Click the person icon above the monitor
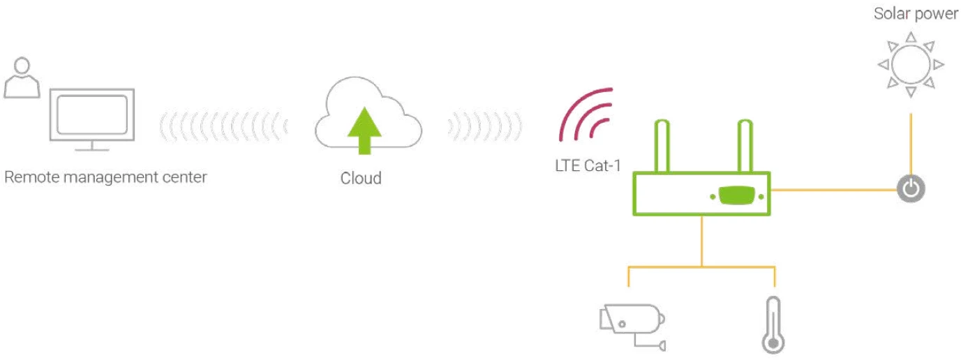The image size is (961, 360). coord(22,77)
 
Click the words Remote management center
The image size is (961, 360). coord(105,177)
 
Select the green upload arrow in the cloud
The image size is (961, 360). coord(364,130)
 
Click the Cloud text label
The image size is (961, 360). coord(361,178)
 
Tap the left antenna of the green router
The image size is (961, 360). coord(663,147)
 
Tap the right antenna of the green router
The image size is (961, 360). coord(745,147)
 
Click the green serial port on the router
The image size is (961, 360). coord(737,196)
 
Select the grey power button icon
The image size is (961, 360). coord(910,188)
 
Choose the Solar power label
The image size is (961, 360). coord(916,14)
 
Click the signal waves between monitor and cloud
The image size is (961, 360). coord(223,126)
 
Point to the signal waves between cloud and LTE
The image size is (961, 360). coord(484,126)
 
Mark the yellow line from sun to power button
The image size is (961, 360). coord(910,143)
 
